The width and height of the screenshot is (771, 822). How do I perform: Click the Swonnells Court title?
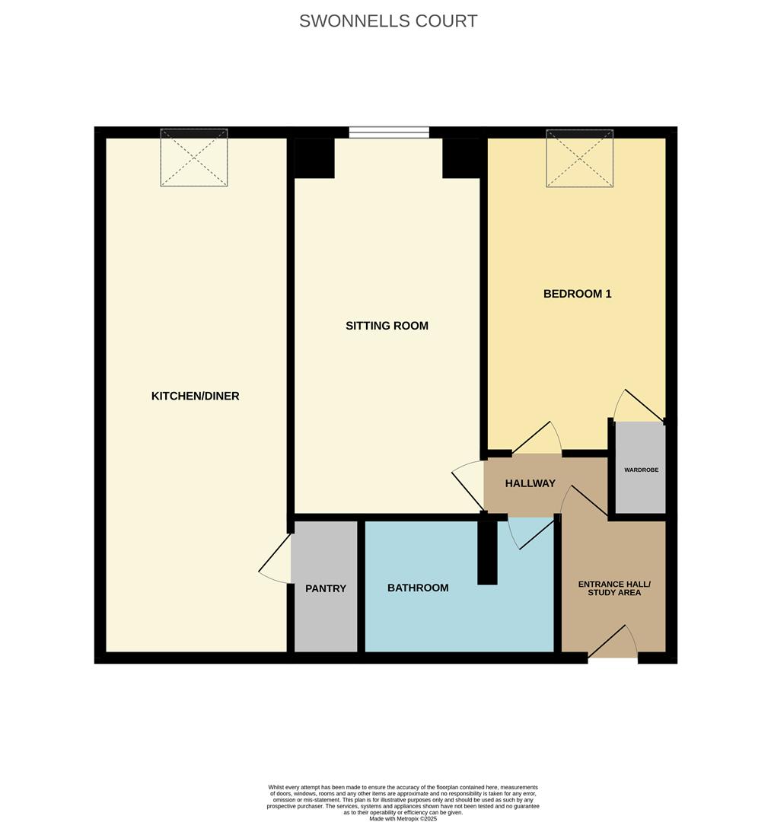click(388, 21)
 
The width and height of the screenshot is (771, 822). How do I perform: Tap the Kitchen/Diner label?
click(195, 396)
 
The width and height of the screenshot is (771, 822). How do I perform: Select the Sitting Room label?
click(387, 326)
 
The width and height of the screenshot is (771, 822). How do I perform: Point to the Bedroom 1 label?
click(577, 294)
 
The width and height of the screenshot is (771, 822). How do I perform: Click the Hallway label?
click(530, 483)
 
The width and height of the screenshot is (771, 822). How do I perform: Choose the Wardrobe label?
click(641, 470)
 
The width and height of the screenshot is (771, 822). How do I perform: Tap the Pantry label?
click(326, 588)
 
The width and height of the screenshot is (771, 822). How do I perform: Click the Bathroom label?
click(418, 588)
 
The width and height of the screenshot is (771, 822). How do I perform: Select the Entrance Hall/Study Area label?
click(613, 588)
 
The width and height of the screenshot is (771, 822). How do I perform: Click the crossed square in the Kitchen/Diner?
click(194, 158)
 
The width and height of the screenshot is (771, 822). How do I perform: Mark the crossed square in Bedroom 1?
click(579, 158)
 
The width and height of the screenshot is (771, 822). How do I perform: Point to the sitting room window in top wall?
click(389, 132)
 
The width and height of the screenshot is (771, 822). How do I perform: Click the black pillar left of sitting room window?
click(314, 158)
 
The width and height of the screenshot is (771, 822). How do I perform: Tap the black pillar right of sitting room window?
click(462, 158)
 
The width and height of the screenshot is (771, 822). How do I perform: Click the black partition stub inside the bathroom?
click(487, 552)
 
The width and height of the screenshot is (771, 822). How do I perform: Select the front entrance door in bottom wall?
click(612, 642)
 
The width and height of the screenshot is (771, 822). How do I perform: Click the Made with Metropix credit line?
click(403, 818)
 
